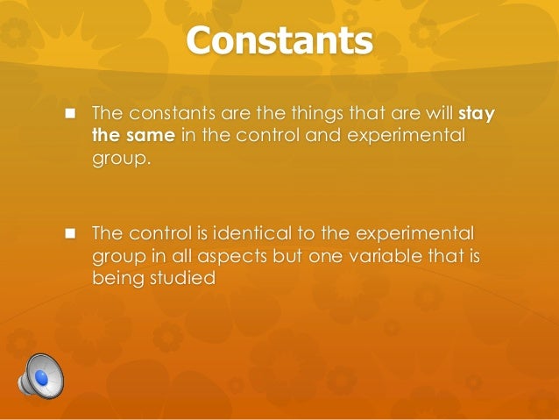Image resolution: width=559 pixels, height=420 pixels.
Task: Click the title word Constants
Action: point(279,41)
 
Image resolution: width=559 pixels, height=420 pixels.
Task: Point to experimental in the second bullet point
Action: point(418,234)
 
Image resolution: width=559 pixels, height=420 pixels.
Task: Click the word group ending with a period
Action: point(117,160)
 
